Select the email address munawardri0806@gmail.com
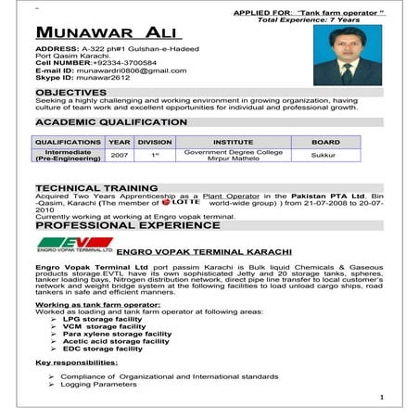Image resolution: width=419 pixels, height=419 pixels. pyautogui.click(x=131, y=70)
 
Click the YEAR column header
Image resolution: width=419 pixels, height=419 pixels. pyautogui.click(x=119, y=142)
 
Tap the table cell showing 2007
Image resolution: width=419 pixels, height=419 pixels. pyautogui.click(x=119, y=156)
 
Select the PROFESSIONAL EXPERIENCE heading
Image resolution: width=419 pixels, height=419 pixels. pyautogui.click(x=115, y=225)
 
